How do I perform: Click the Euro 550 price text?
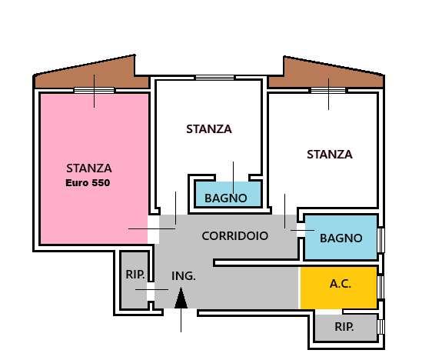(x=88, y=183)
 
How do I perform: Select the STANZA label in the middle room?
(x=208, y=129)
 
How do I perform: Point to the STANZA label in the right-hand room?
(x=329, y=155)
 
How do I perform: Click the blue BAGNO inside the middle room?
(x=226, y=198)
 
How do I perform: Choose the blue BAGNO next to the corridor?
(x=341, y=238)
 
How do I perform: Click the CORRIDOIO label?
(x=234, y=236)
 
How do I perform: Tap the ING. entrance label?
(x=183, y=275)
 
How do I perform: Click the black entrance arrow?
(x=181, y=298)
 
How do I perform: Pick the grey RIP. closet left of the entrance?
(x=135, y=281)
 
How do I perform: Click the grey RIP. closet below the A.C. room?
(x=344, y=327)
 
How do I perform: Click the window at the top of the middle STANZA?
(x=214, y=78)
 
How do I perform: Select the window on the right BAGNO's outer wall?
(x=381, y=238)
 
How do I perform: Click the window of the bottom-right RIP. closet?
(x=381, y=327)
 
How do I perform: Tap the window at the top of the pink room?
(x=94, y=91)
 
